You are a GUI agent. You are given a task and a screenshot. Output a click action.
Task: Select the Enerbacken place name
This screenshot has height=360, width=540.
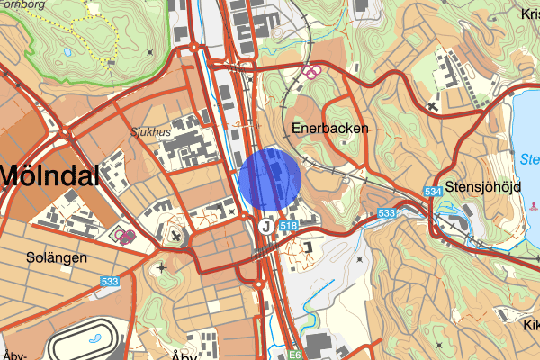pos(330,129)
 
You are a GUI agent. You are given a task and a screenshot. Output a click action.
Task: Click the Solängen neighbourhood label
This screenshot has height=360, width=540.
pos(56,256)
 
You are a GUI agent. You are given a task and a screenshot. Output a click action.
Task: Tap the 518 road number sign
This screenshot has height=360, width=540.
pos(289,227)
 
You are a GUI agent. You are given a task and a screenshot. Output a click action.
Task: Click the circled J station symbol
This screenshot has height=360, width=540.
pos(266,227)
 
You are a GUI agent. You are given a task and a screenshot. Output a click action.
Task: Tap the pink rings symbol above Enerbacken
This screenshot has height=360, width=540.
pos(310,70)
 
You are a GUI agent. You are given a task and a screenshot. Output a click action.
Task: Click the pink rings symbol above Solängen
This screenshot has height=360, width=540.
pos(125,237)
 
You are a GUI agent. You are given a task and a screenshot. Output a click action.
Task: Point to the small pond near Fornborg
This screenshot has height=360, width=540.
pos(68,51)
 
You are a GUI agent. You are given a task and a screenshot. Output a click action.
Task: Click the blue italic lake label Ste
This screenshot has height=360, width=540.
pos(529,160)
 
